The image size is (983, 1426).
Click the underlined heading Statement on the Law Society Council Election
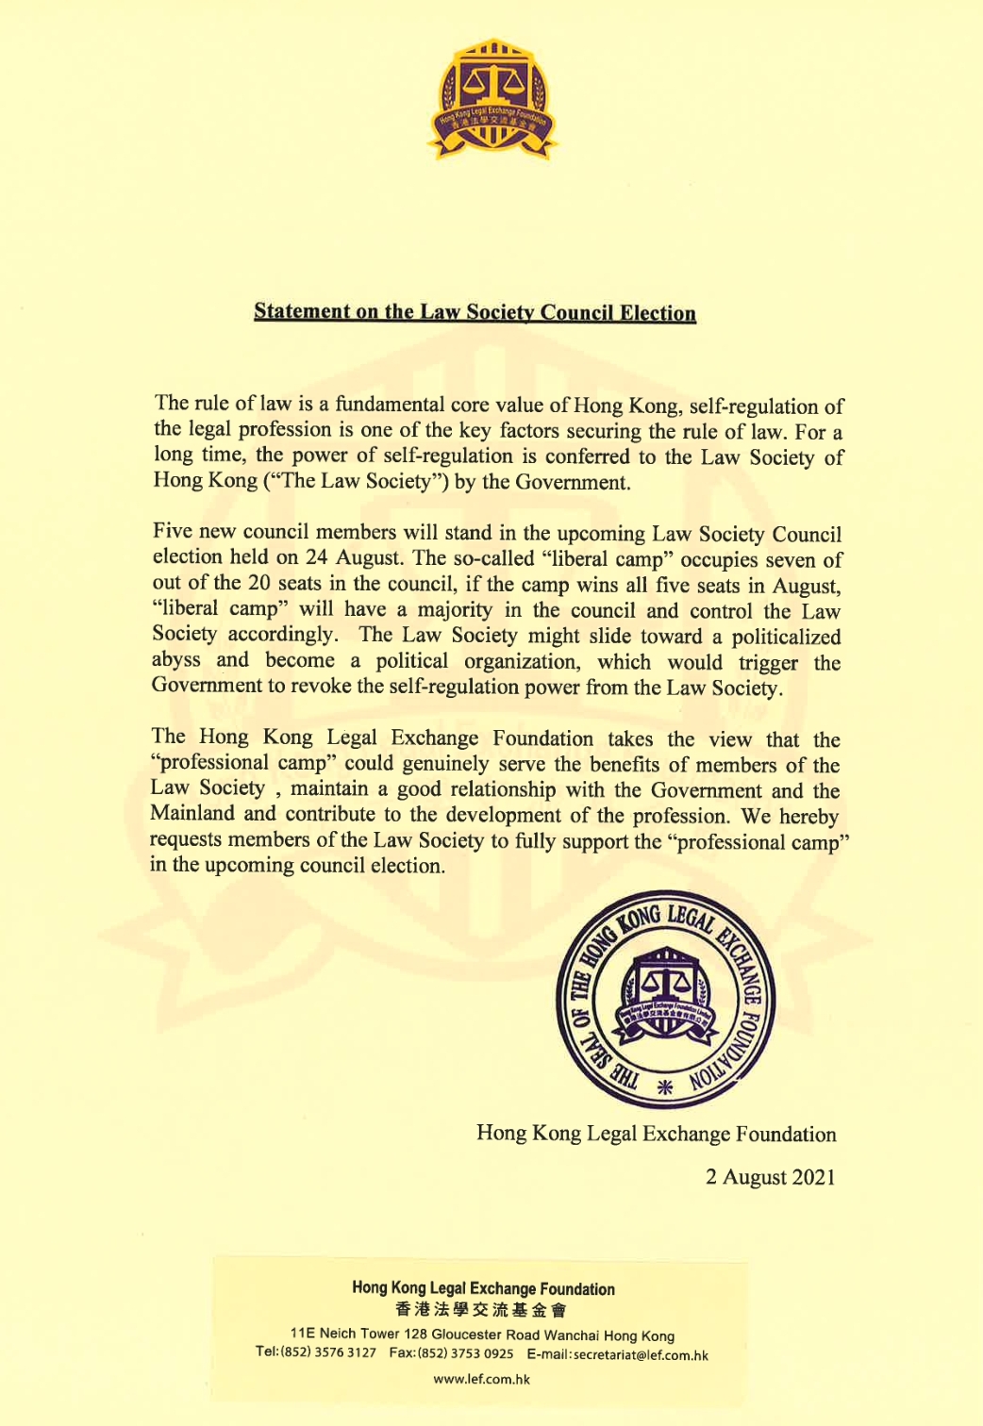pyautogui.click(x=475, y=312)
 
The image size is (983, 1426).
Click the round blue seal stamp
pyautogui.click(x=664, y=1000)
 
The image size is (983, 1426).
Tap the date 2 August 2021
pyautogui.click(x=771, y=1177)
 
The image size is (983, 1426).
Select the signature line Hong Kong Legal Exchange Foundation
pyautogui.click(x=656, y=1134)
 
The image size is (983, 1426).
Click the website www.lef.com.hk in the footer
pyautogui.click(x=481, y=1379)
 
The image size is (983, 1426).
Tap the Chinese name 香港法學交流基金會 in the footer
pyautogui.click(x=481, y=1309)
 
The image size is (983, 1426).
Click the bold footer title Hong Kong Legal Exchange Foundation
pyautogui.click(x=483, y=1289)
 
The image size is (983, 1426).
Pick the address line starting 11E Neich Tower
pyautogui.click(x=482, y=1335)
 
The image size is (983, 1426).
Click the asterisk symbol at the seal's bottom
pyautogui.click(x=664, y=1086)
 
